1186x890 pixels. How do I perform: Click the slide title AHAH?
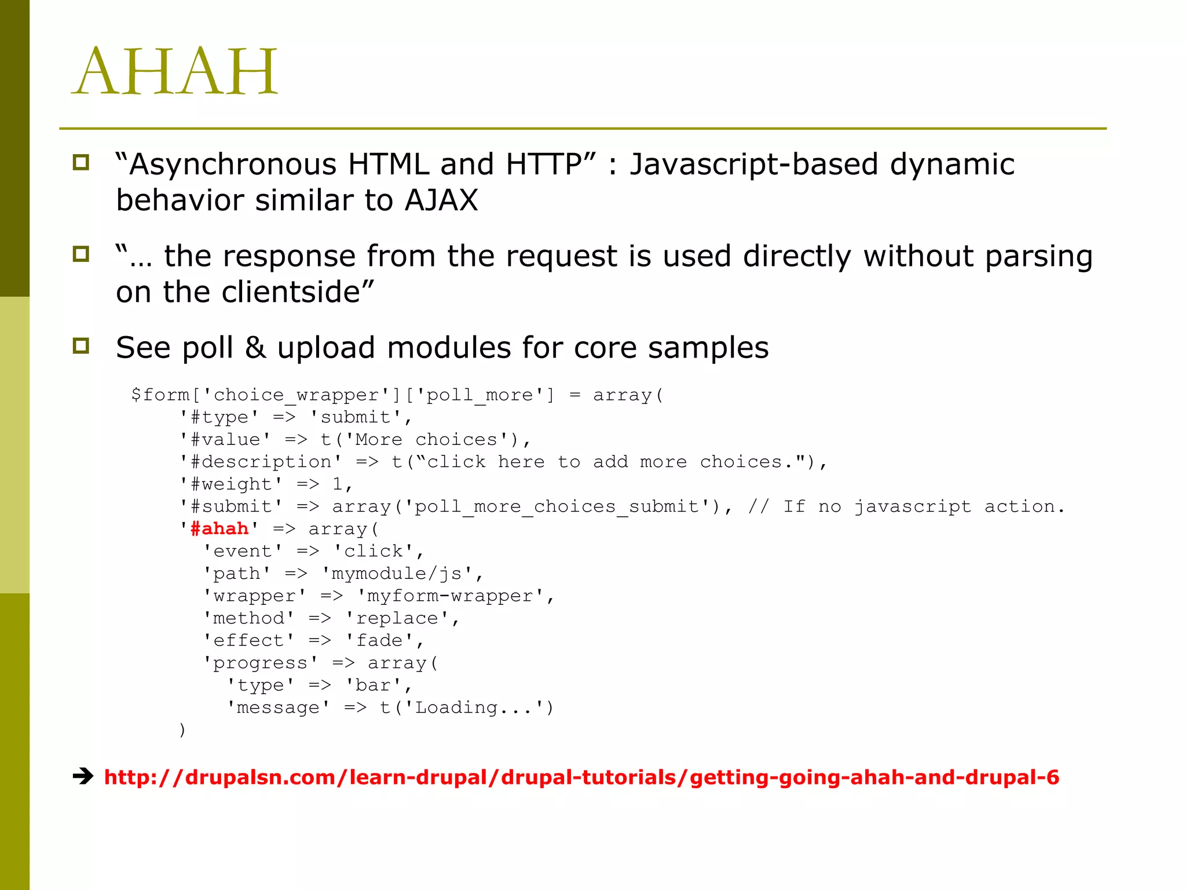pyautogui.click(x=175, y=72)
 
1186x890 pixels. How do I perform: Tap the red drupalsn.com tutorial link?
pyautogui.click(x=581, y=777)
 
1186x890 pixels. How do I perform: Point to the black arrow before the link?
pyautogui.click(x=83, y=776)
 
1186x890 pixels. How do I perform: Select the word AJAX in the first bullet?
pyautogui.click(x=441, y=200)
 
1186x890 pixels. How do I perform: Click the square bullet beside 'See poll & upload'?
pyautogui.click(x=81, y=346)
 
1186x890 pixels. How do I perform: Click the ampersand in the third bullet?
pyautogui.click(x=255, y=348)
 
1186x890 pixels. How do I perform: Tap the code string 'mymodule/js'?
pyautogui.click(x=402, y=574)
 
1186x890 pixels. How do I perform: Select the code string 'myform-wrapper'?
pyautogui.click(x=450, y=596)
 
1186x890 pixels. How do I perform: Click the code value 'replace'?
pyautogui.click(x=397, y=618)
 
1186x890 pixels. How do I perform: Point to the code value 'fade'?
pyautogui.click(x=379, y=640)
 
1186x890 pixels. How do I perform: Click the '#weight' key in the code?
pyautogui.click(x=230, y=484)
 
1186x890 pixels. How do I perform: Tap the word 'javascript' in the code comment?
pyautogui.click(x=913, y=506)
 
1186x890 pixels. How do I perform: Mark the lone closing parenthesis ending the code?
pyautogui.click(x=182, y=729)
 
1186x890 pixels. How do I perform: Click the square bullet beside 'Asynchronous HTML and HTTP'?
pyautogui.click(x=81, y=163)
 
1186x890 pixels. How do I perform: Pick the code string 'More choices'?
pyautogui.click(x=427, y=440)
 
